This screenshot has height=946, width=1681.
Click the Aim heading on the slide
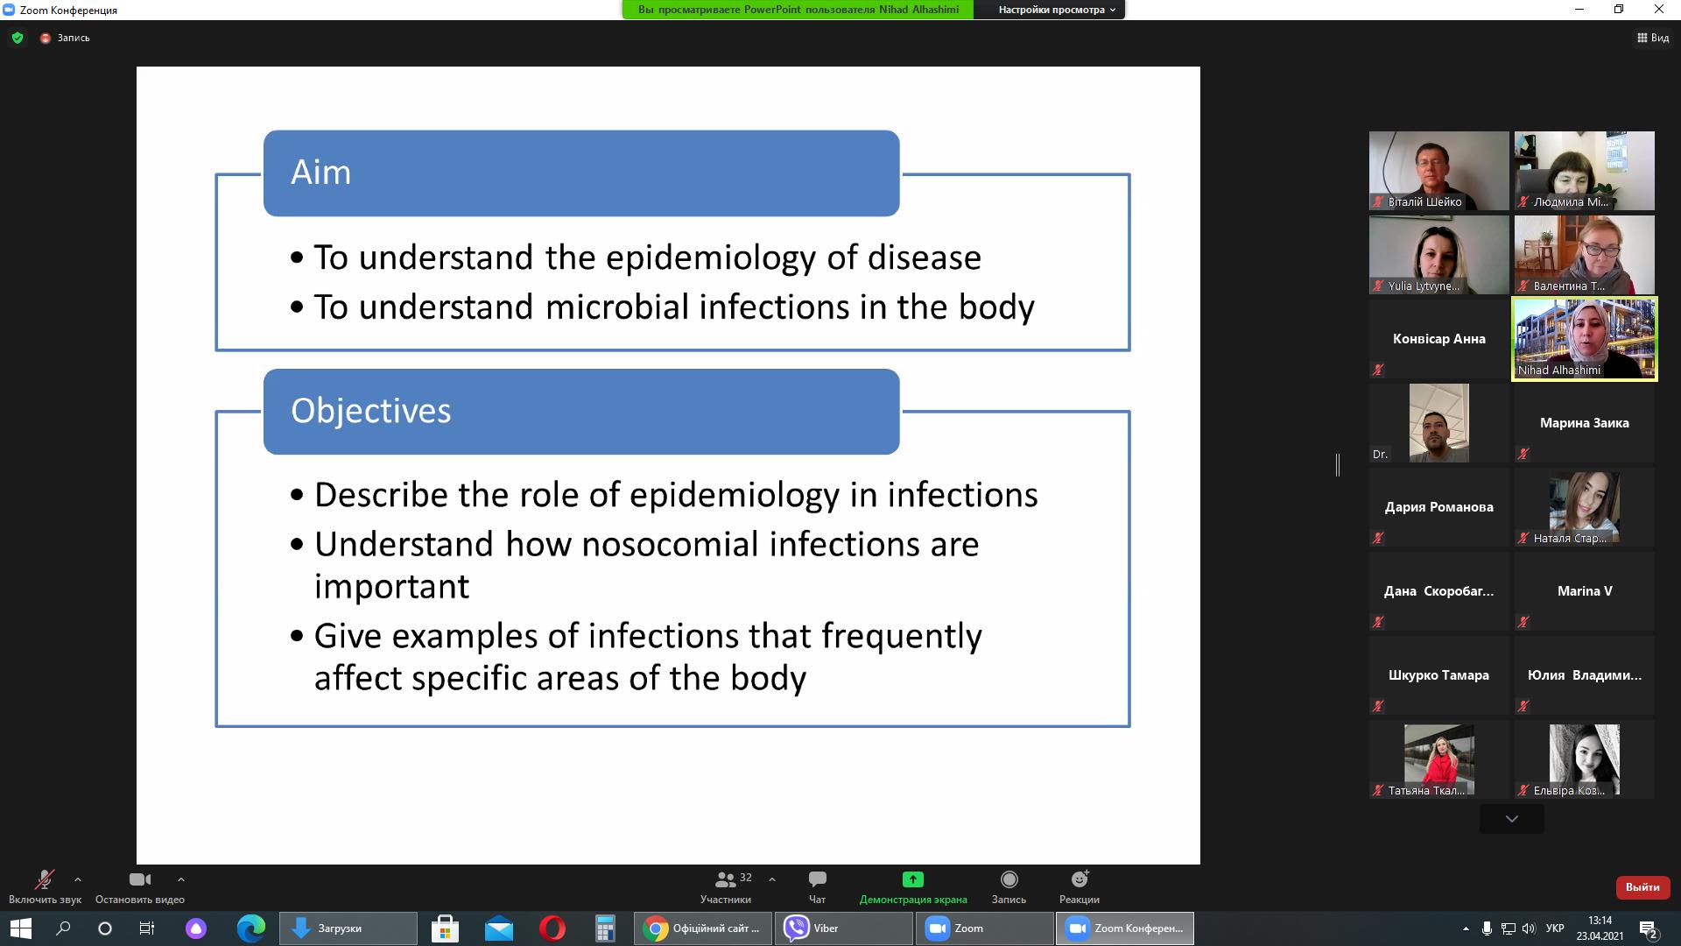(320, 172)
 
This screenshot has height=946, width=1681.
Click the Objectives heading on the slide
(370, 411)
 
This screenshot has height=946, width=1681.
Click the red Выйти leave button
(1642, 887)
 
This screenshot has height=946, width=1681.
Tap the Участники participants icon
(725, 879)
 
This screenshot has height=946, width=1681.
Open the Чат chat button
(817, 879)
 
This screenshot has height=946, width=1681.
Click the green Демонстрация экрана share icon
(913, 879)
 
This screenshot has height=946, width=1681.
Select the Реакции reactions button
(1080, 879)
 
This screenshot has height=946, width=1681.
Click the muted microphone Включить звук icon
(44, 879)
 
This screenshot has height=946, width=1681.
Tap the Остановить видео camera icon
(140, 879)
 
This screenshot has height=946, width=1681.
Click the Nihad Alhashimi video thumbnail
(1585, 339)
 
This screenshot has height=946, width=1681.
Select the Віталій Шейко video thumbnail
(1439, 171)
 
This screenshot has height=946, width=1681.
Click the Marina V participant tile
(1585, 591)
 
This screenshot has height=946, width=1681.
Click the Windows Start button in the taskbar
(21, 928)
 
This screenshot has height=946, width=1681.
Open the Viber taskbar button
(843, 928)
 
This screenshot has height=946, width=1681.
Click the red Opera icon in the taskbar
(552, 928)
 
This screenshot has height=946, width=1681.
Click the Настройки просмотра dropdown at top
(1057, 10)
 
